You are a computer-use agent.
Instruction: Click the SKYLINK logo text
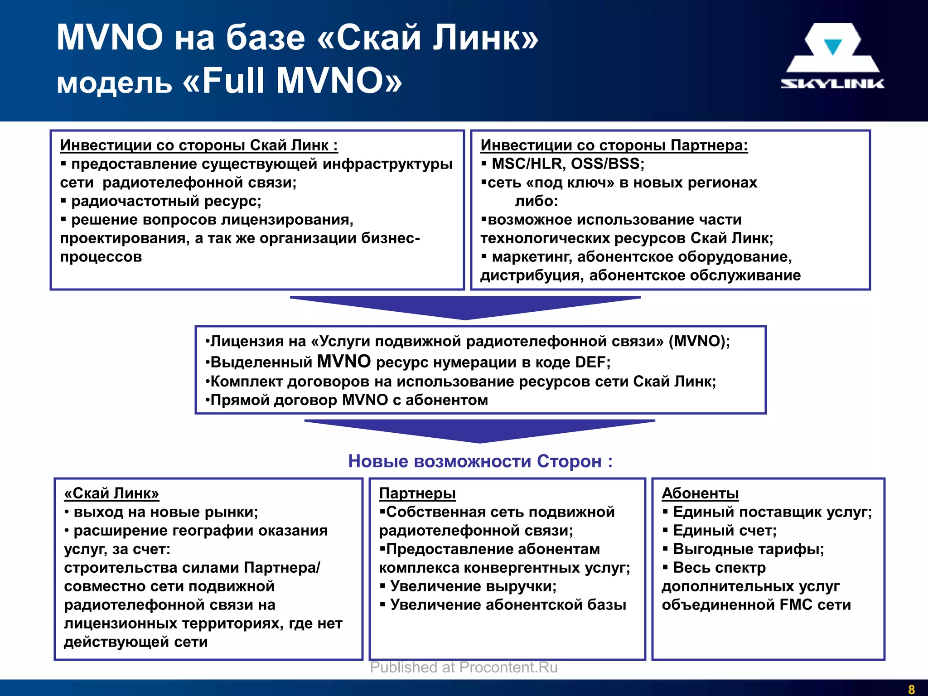(x=832, y=84)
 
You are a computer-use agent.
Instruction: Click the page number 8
(x=911, y=689)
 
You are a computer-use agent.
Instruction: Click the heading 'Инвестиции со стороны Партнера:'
(x=614, y=145)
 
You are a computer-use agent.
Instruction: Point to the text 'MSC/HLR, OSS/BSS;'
(x=568, y=164)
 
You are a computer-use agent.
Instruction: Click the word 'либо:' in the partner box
(x=536, y=201)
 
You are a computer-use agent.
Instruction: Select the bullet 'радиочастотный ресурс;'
(x=166, y=201)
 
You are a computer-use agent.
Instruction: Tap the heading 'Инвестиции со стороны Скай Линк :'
(x=199, y=145)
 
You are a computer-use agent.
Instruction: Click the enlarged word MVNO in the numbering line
(x=344, y=362)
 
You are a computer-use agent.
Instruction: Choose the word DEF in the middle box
(x=591, y=362)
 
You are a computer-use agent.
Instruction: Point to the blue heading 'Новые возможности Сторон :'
(x=480, y=461)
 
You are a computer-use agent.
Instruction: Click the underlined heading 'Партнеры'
(x=417, y=493)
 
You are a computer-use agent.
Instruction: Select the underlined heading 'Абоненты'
(x=700, y=493)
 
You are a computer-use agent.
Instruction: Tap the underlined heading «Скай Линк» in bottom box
(x=111, y=493)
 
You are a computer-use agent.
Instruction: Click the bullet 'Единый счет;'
(x=725, y=530)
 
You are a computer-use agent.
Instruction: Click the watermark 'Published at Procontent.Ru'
(x=464, y=667)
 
